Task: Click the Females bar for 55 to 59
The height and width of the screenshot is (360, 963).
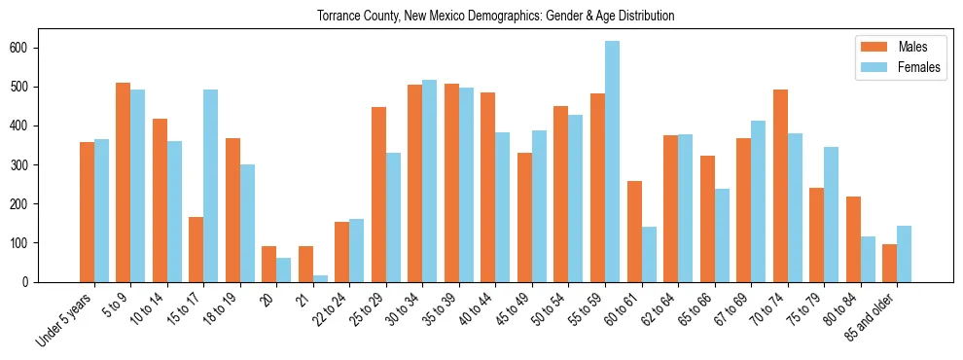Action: click(x=612, y=162)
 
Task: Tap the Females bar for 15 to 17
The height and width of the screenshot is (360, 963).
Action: click(x=210, y=186)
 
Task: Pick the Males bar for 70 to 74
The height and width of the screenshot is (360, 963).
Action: click(x=780, y=186)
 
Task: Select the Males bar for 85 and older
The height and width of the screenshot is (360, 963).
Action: click(x=889, y=263)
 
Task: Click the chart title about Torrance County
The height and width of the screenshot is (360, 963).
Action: click(x=495, y=17)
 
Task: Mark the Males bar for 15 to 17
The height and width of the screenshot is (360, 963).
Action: click(x=196, y=249)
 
